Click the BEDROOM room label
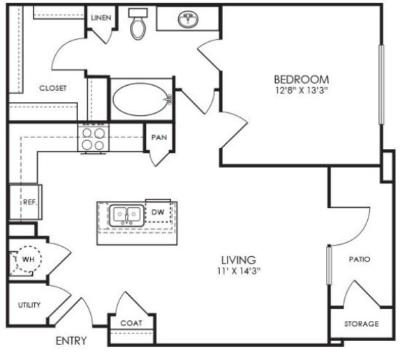302,80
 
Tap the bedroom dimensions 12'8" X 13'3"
302,91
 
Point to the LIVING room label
239,260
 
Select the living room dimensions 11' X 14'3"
239,271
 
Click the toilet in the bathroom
138,24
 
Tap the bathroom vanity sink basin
188,19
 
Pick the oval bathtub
142,100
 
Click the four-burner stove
94,139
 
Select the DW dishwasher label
158,212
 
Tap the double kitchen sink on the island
127,215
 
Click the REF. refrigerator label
30,202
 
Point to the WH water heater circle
28,259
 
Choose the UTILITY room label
29,305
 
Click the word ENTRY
71,341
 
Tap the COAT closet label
131,323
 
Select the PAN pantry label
159,137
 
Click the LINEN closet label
101,18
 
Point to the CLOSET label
53,88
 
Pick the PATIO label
360,260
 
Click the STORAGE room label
362,324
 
